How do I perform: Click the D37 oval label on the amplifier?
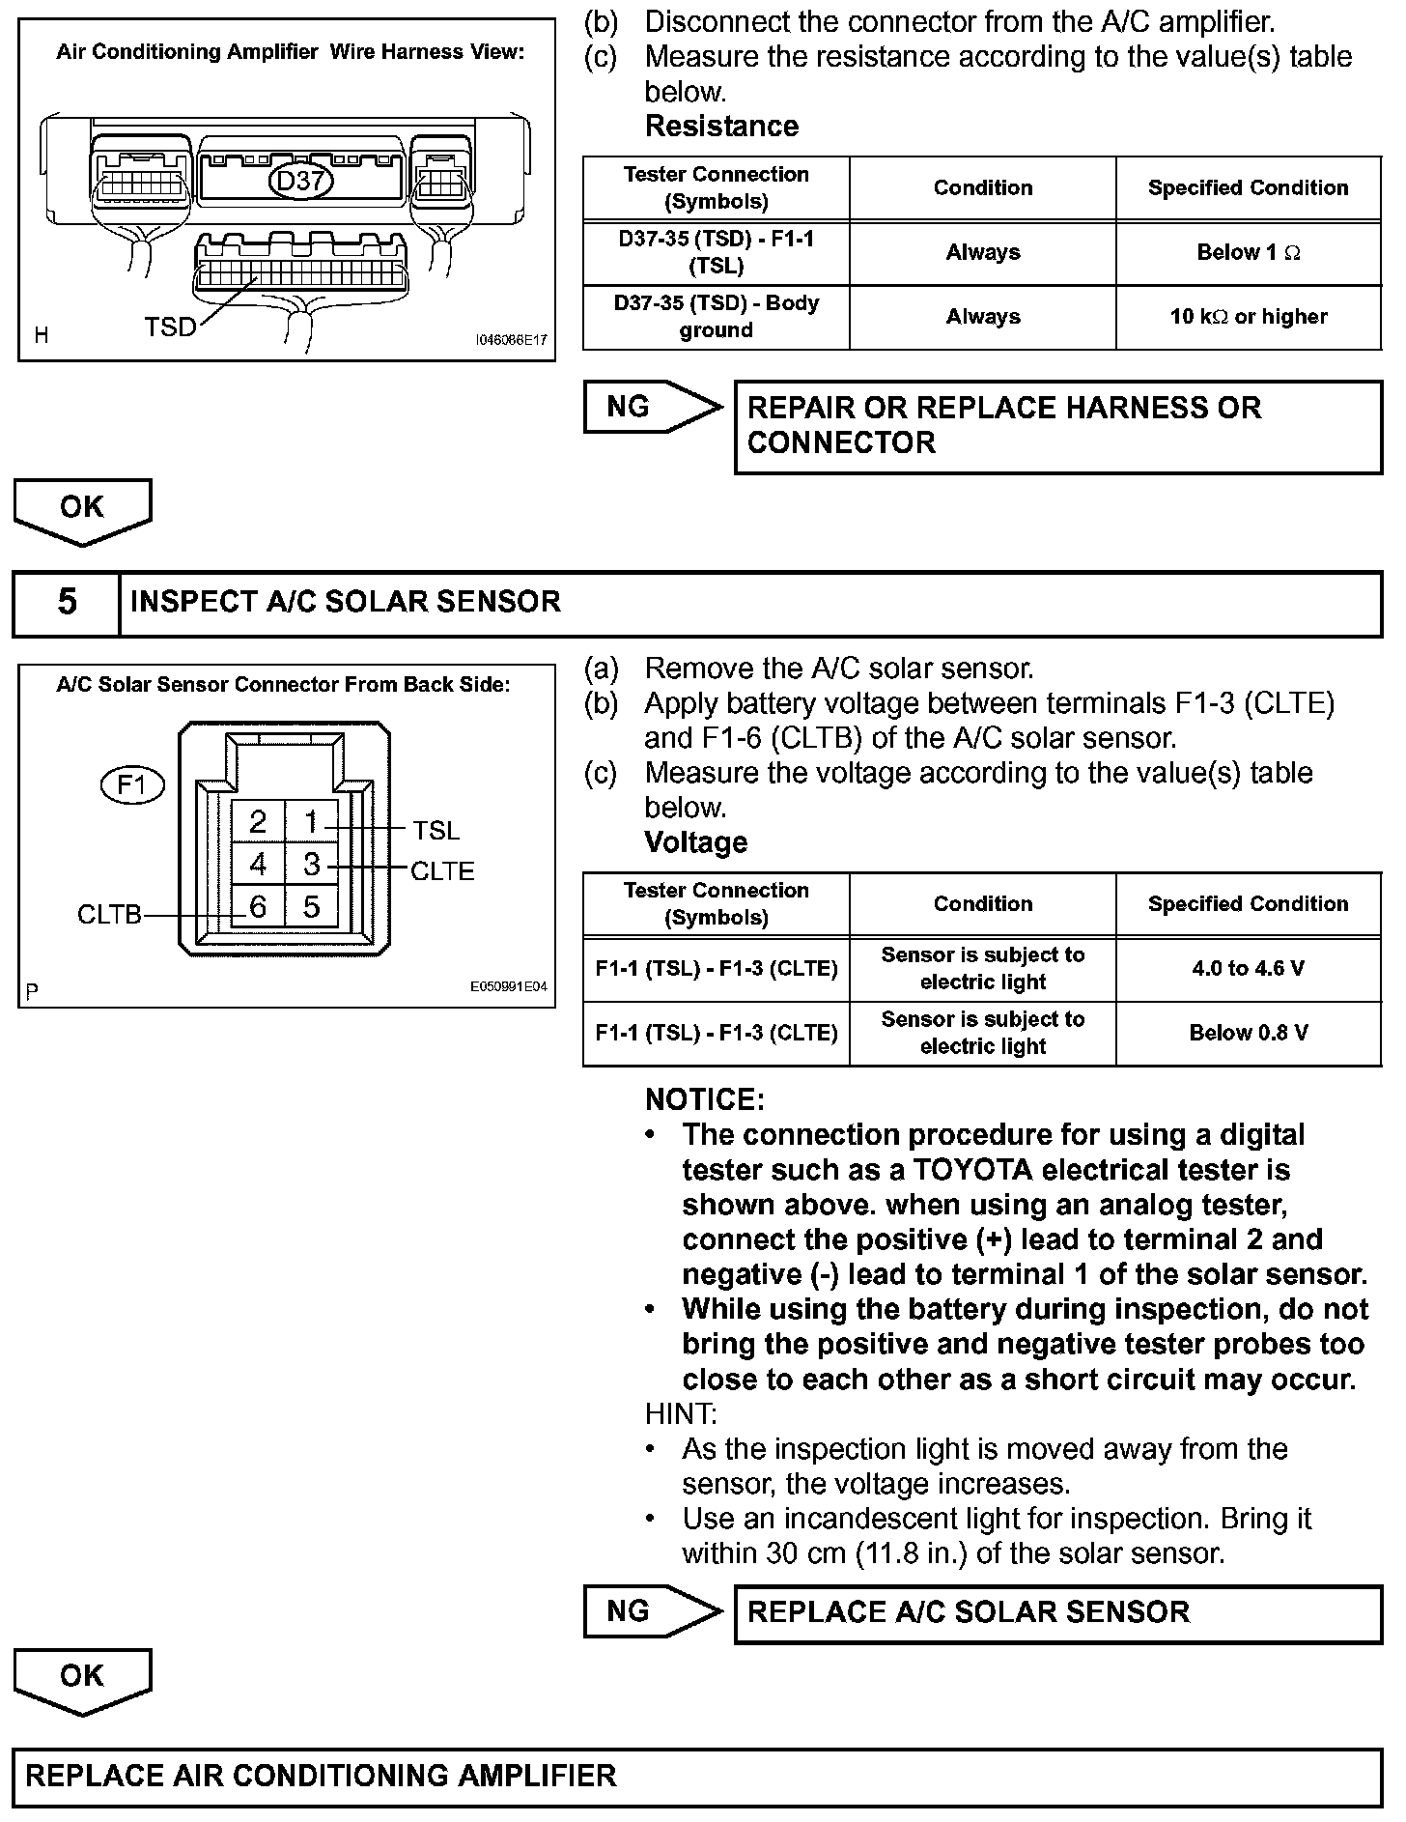pyautogui.click(x=299, y=182)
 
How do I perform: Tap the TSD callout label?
pyautogui.click(x=170, y=328)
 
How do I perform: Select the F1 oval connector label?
pyautogui.click(x=132, y=785)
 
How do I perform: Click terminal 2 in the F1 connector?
pyautogui.click(x=258, y=822)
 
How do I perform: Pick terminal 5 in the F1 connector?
pyautogui.click(x=311, y=907)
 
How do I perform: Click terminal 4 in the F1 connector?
pyautogui.click(x=258, y=865)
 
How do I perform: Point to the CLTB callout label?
pyautogui.click(x=109, y=915)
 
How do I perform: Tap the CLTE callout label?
pyautogui.click(x=443, y=871)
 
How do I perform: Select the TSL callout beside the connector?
pyautogui.click(x=436, y=831)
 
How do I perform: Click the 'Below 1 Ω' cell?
pyautogui.click(x=1248, y=253)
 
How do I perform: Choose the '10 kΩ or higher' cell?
pyautogui.click(x=1248, y=317)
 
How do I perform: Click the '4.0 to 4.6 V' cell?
pyautogui.click(x=1248, y=968)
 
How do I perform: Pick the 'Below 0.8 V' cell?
pyautogui.click(x=1248, y=1033)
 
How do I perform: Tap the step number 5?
pyautogui.click(x=67, y=602)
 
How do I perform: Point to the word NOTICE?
pyautogui.click(x=705, y=1099)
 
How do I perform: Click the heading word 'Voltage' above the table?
pyautogui.click(x=695, y=842)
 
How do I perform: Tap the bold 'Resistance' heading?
pyautogui.click(x=721, y=127)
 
